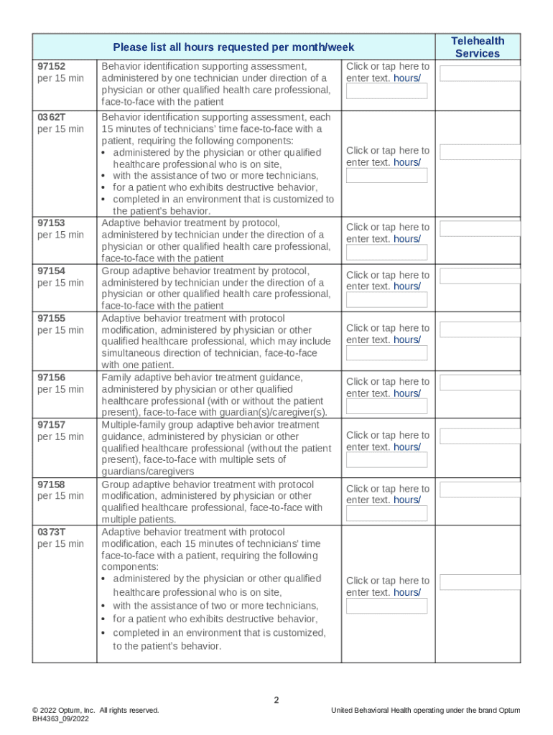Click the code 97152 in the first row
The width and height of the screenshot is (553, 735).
[51, 66]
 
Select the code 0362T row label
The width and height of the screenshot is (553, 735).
[51, 117]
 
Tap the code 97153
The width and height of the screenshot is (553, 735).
[51, 223]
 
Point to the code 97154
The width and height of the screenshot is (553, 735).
[51, 271]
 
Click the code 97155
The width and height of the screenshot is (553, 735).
[51, 318]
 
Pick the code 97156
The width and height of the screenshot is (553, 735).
[51, 378]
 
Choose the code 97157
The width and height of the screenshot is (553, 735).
[51, 425]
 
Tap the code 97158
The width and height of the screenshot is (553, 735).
[51, 484]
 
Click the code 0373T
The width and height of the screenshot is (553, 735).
[51, 532]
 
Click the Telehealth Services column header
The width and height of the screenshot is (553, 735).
[478, 47]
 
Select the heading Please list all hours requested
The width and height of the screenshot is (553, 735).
[233, 47]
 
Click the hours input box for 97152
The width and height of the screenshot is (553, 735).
[386, 91]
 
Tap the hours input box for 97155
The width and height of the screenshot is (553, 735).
[386, 352]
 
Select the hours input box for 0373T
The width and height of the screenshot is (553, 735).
[386, 606]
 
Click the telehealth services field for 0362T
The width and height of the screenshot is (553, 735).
[480, 152]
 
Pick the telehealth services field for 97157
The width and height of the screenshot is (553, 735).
[480, 436]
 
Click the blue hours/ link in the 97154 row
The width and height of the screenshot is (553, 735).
[407, 286]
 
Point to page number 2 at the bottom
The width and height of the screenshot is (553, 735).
[276, 700]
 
